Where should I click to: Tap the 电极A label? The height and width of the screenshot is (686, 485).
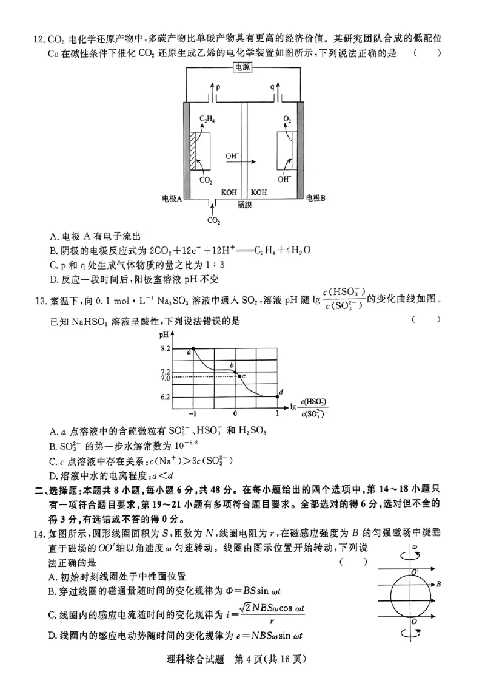tap(172, 199)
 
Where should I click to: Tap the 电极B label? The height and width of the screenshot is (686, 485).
tap(316, 198)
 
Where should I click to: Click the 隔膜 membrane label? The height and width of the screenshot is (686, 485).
tap(244, 205)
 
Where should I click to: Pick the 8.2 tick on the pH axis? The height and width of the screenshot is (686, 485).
tap(166, 348)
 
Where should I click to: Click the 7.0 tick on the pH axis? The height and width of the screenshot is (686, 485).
tap(166, 378)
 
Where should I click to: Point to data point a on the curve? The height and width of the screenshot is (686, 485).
tap(193, 349)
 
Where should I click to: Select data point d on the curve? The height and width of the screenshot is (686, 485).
tap(278, 396)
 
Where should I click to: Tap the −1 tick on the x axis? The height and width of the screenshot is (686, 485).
tap(192, 413)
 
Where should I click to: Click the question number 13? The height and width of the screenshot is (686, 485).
tap(41, 299)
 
